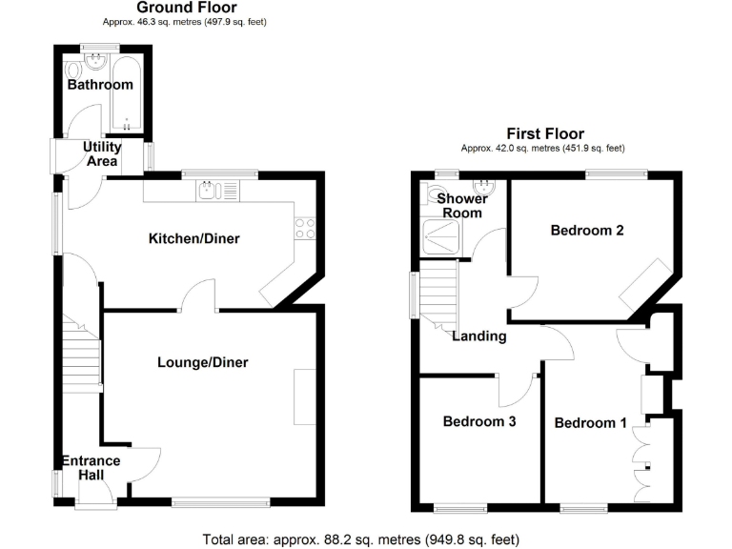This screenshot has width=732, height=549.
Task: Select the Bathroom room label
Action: click(99, 85)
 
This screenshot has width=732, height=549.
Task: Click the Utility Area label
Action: click(102, 154)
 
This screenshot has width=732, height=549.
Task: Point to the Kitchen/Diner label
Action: click(193, 238)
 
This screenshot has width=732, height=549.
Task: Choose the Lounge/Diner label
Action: click(203, 362)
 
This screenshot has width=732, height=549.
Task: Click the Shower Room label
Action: click(463, 205)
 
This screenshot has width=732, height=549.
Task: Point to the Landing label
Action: click(479, 336)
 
